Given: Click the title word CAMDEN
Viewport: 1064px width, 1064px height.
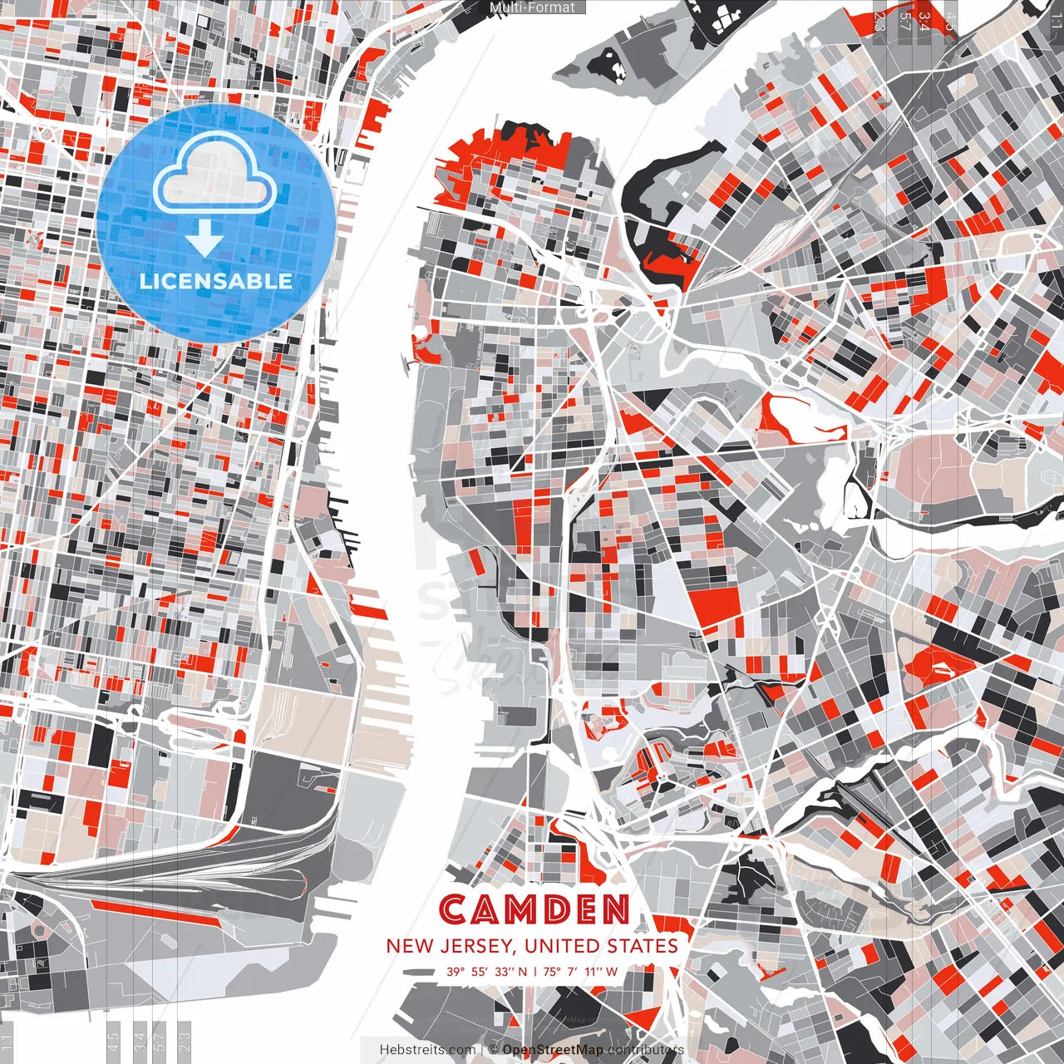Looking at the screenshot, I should tap(534, 910).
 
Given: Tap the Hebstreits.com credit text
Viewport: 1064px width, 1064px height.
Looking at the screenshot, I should tap(427, 1050).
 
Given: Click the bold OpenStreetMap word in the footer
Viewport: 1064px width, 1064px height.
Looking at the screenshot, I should tap(552, 1050).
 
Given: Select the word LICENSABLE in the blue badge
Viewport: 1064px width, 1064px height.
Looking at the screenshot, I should tap(215, 281).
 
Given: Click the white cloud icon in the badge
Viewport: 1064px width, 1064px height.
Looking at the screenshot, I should tap(215, 175).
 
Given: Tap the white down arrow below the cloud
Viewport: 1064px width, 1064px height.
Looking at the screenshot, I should tap(204, 239).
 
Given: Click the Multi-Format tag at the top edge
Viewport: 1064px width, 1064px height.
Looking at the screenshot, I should tap(532, 7).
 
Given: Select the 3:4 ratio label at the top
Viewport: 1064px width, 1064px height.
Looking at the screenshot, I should tap(925, 18).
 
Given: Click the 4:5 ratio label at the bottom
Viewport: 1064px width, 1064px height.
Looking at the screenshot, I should tap(113, 1042).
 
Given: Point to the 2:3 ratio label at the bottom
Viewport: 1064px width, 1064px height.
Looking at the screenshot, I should tap(184, 1042).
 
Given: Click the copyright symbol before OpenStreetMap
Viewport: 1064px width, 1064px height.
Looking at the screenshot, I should tap(494, 1050).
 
